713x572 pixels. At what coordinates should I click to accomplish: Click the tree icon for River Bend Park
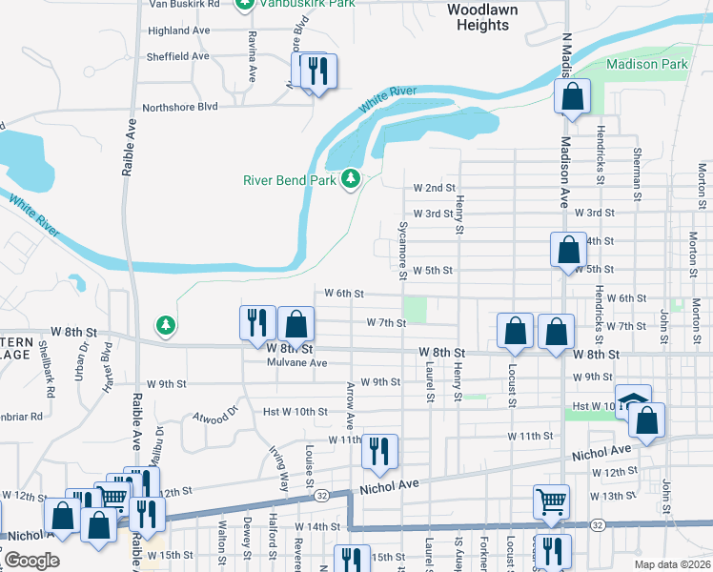coord(352,178)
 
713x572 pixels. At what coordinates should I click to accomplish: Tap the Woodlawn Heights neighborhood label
coord(482,16)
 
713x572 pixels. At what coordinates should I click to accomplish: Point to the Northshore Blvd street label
coord(180,108)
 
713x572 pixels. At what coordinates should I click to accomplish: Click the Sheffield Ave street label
coord(177,56)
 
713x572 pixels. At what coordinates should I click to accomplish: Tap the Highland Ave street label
coord(178,31)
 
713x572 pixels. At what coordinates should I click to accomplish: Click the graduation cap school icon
coord(632,399)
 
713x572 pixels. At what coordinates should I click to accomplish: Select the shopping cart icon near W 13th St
coord(552,502)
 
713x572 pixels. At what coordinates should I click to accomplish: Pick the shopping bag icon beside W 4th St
coord(568,250)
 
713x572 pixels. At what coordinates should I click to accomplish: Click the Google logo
coord(31,560)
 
